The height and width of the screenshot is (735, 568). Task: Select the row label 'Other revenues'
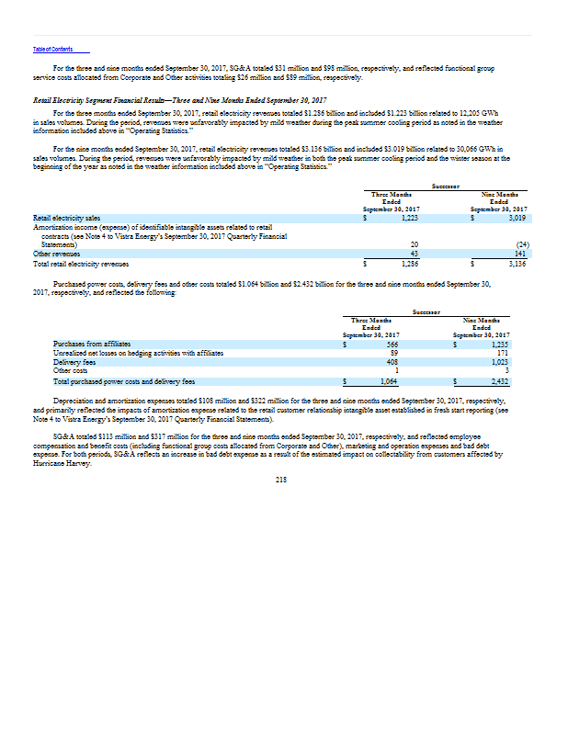coord(54,254)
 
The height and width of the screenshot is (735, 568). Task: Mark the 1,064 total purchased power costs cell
coord(388,379)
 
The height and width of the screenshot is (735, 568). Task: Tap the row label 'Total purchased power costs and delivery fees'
coord(123,379)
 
